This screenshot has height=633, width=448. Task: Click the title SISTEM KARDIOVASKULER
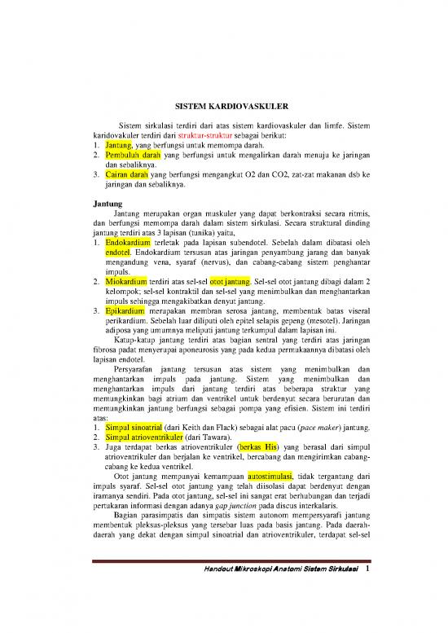pyautogui.click(x=223, y=106)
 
